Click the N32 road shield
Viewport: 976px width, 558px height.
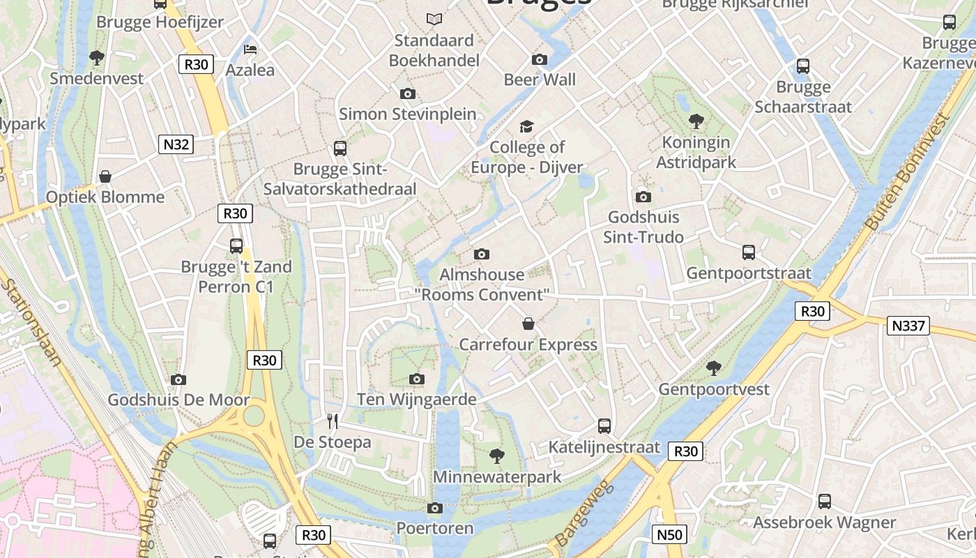tap(176, 144)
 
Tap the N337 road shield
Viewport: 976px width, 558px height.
tap(908, 325)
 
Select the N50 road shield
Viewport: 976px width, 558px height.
tap(669, 535)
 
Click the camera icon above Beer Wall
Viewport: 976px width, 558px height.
tap(540, 59)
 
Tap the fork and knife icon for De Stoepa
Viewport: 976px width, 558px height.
tap(333, 421)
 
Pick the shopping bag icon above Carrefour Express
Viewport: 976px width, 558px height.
tap(528, 324)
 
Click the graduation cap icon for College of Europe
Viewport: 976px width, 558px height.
tap(526, 126)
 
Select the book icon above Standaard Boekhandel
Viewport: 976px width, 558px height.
tap(434, 19)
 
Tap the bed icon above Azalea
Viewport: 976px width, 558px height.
tap(250, 49)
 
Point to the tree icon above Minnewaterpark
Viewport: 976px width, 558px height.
tap(497, 456)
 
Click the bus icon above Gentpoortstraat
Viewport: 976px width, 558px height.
tap(749, 252)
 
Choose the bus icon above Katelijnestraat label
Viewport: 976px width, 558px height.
tap(604, 425)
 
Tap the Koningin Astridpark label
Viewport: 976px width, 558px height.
tap(696, 153)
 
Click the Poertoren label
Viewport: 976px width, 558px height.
tap(435, 528)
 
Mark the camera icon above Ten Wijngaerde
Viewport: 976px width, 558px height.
tap(417, 379)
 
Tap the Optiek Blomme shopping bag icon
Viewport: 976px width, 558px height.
tap(105, 176)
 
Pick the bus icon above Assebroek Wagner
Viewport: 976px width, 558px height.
tap(825, 501)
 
